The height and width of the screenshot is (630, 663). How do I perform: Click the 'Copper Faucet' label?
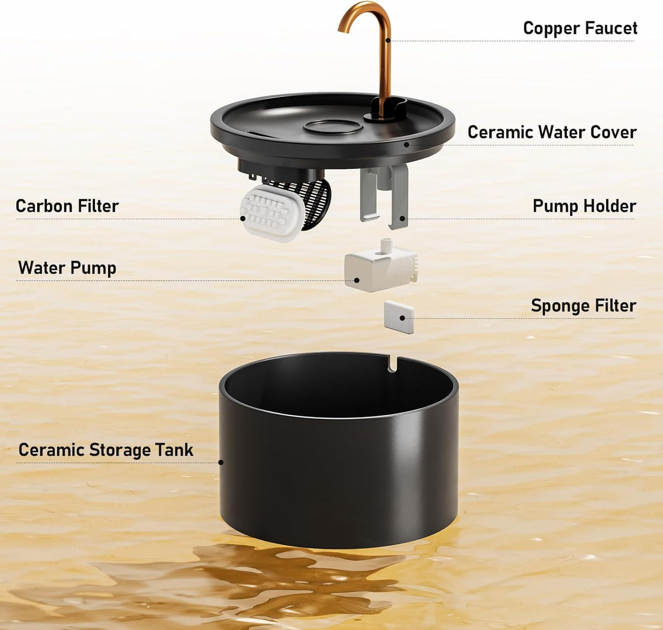tap(580, 28)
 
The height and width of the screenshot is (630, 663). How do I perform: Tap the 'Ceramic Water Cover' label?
tap(552, 132)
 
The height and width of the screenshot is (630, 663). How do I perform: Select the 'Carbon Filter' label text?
tap(67, 206)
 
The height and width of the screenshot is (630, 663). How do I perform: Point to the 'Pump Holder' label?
tap(585, 206)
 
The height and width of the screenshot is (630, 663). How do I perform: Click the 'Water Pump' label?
tap(67, 268)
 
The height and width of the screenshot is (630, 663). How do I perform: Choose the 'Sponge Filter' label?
tap(584, 306)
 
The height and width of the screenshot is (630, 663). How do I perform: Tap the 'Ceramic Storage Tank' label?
tap(106, 450)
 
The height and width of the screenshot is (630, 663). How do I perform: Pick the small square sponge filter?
tap(399, 317)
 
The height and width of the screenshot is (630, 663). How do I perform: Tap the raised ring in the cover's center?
tap(333, 127)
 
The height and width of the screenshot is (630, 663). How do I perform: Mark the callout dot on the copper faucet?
tap(388, 40)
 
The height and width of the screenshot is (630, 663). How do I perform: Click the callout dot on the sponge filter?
tap(402, 318)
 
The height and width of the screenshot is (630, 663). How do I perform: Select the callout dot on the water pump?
tap(357, 280)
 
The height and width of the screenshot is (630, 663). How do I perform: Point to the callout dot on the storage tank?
tap(221, 462)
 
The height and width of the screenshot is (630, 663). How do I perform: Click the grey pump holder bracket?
tap(384, 196)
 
